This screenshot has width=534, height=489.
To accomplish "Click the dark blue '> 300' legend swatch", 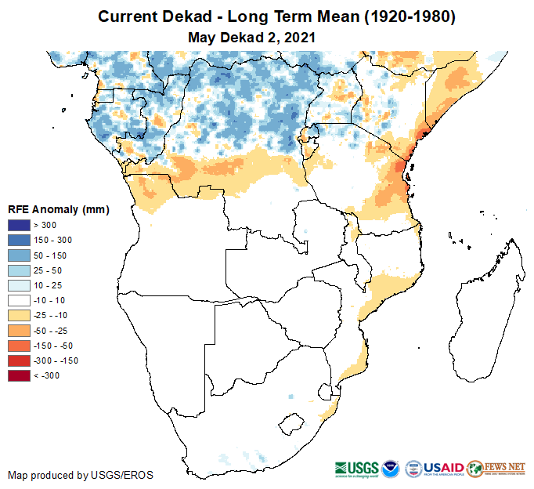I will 20,226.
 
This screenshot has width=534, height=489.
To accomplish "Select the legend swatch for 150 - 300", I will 20,241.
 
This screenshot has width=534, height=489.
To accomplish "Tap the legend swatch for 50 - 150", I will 20,255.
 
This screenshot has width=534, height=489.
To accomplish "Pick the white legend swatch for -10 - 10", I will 20,300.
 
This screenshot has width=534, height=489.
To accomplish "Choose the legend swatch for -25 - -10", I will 20,315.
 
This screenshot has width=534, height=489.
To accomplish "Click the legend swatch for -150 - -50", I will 20,346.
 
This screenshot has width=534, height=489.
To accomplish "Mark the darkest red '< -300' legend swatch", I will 20,375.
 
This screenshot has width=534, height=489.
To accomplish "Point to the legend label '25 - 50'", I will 46,270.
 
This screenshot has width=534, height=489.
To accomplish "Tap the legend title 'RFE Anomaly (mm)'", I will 58,209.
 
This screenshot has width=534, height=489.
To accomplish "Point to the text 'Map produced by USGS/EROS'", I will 81,475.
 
